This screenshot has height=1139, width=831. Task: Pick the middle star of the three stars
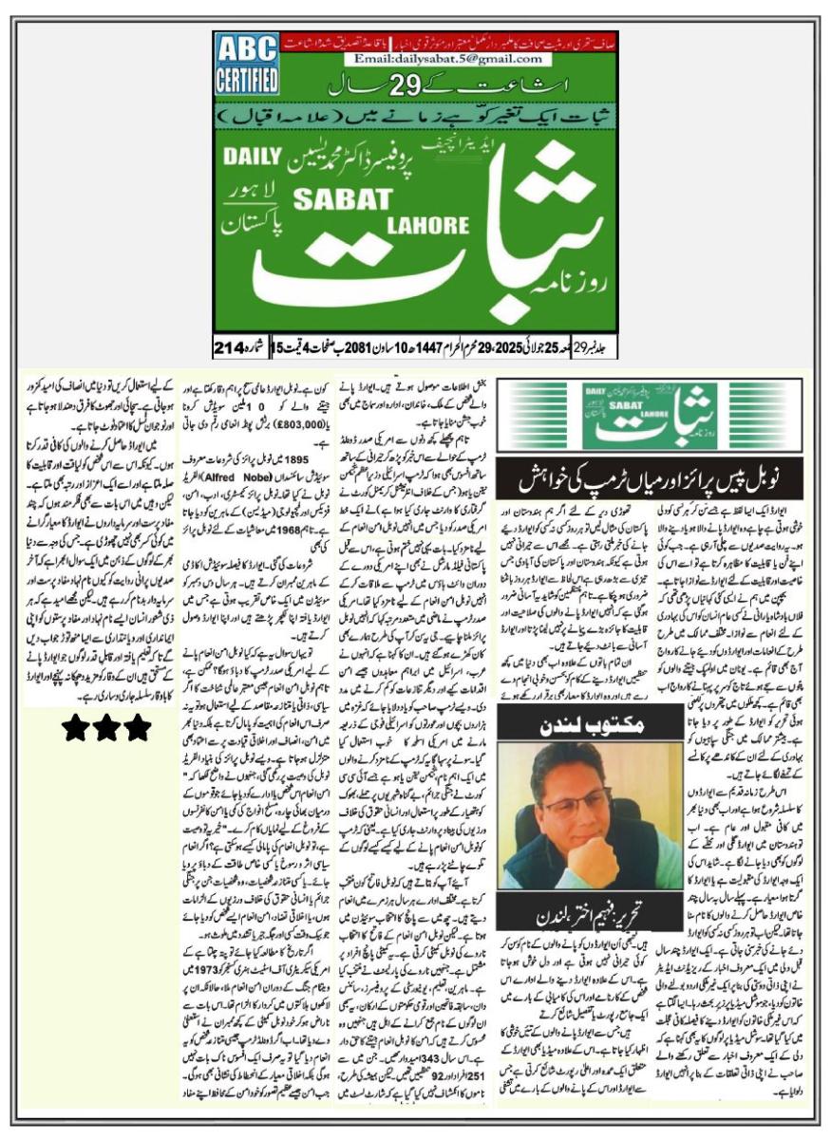[105, 728]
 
